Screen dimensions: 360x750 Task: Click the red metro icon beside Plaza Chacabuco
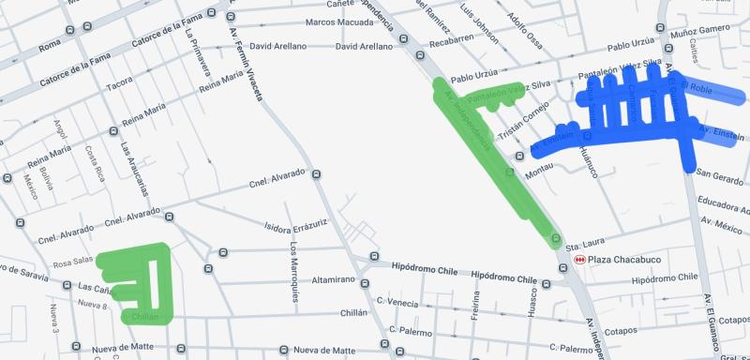pyautogui.click(x=580, y=259)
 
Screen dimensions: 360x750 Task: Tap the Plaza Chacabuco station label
pyautogui.click(x=620, y=259)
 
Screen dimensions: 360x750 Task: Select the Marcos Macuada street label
pyautogui.click(x=335, y=22)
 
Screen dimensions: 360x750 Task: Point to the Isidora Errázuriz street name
pyautogui.click(x=295, y=226)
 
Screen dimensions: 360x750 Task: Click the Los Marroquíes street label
pyautogui.click(x=294, y=272)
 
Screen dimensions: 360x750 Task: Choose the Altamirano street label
pyautogui.click(x=333, y=279)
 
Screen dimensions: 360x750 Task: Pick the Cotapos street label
pyautogui.click(x=621, y=331)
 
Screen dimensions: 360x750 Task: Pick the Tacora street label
pyautogui.click(x=119, y=84)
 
